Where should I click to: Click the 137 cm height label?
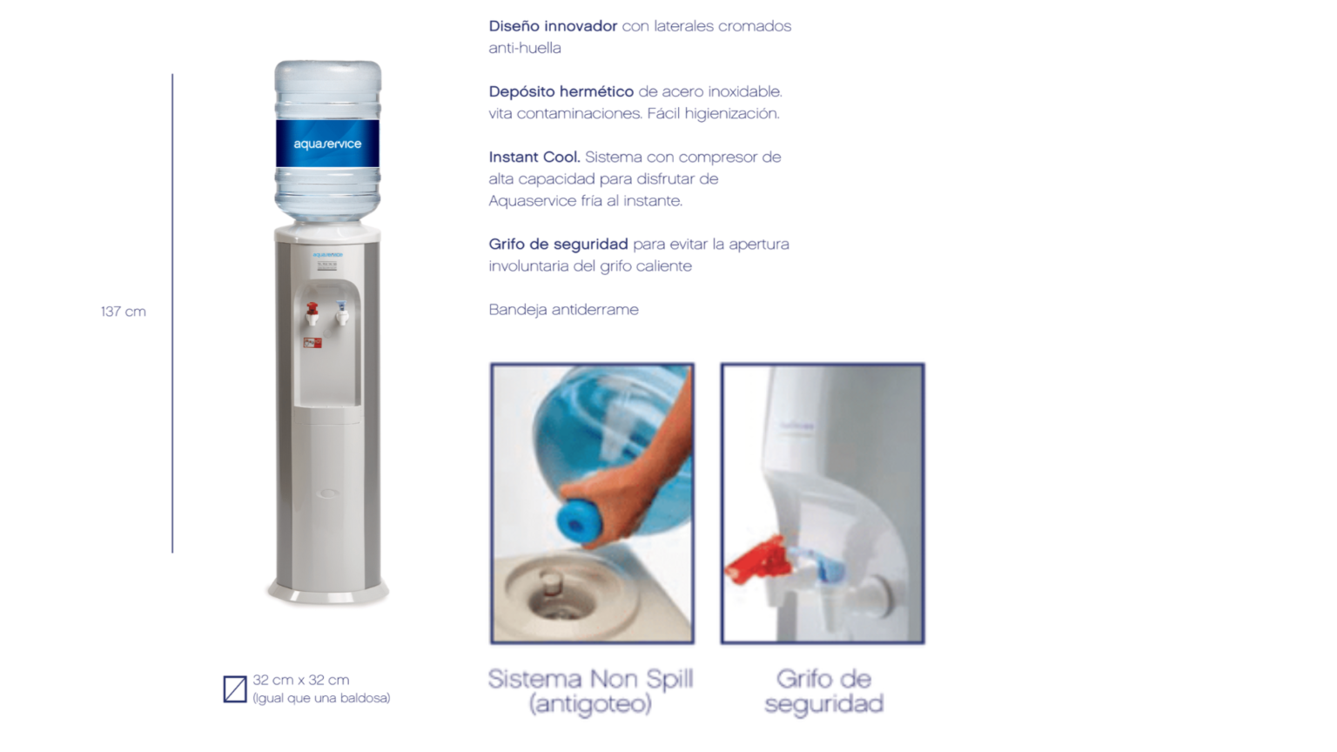click(x=123, y=312)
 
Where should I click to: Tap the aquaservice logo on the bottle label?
click(x=327, y=144)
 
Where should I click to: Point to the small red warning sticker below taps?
click(x=312, y=343)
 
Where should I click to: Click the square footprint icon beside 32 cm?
click(x=235, y=688)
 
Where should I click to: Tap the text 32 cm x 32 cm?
click(x=301, y=680)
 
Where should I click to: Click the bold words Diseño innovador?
click(x=553, y=26)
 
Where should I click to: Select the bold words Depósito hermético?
click(x=561, y=91)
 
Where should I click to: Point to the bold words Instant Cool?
click(x=534, y=157)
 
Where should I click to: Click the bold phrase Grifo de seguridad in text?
click(x=558, y=244)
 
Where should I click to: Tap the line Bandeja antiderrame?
click(x=563, y=309)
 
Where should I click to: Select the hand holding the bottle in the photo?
click(x=640, y=487)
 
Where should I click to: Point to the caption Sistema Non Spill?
click(x=590, y=679)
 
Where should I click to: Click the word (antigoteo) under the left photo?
click(x=590, y=703)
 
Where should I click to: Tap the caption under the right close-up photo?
click(x=823, y=691)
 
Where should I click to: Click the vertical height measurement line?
click(x=172, y=313)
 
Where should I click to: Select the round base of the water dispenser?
click(x=327, y=594)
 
